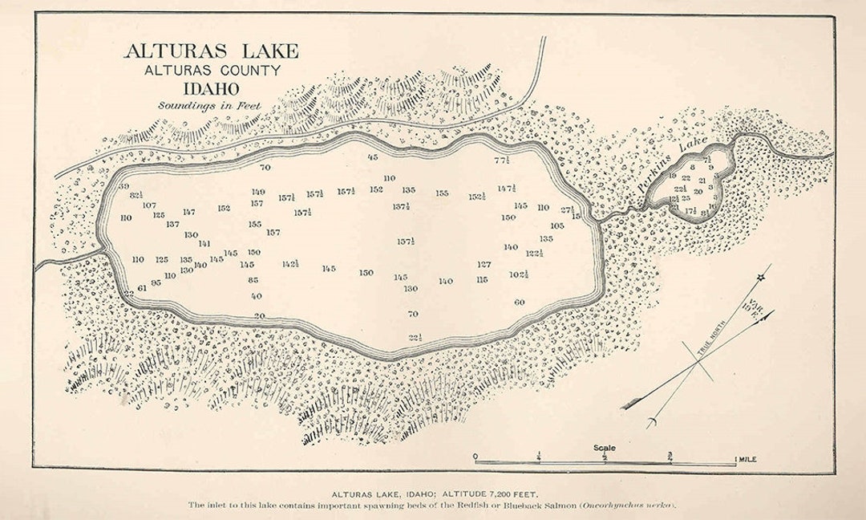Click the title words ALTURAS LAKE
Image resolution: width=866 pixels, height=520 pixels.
211,51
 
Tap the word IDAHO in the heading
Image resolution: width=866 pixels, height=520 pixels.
212,88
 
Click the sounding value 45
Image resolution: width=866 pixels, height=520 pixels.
372,157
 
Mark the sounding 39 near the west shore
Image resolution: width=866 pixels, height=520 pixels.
123,186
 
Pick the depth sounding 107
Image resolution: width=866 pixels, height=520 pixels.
149,205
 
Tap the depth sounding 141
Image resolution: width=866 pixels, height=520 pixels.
204,243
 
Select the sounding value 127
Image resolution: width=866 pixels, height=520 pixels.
484,264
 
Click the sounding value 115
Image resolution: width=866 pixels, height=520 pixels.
481,280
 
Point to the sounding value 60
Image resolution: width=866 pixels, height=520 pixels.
519,303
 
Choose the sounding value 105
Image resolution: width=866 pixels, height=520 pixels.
557,225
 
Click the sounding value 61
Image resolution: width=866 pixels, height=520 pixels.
143,287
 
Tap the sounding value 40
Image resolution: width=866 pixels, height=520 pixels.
257,295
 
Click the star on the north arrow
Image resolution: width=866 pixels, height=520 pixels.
760,278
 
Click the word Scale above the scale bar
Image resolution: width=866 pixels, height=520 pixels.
605,448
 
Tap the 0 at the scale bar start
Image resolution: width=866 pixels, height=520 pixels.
475,457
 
